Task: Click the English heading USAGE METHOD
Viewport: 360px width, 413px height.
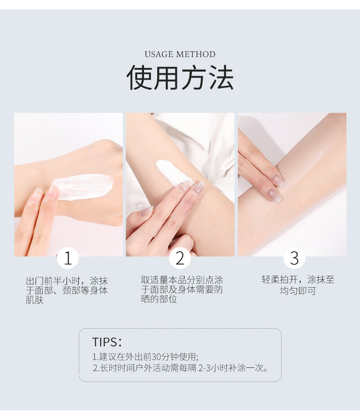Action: (180, 54)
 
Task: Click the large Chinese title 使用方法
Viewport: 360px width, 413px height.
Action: (180, 77)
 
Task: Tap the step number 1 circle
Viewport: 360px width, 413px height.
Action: (68, 258)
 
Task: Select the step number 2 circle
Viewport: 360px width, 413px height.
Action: (180, 258)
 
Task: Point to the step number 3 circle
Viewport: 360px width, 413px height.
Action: (294, 258)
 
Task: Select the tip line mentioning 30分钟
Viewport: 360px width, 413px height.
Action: (145, 357)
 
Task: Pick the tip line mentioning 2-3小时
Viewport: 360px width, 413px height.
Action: (180, 368)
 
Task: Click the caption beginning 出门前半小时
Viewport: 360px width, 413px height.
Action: (67, 290)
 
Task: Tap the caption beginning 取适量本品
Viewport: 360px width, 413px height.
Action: (182, 290)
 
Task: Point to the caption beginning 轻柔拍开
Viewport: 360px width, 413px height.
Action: (298, 285)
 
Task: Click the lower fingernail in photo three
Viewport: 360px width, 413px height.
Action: (274, 195)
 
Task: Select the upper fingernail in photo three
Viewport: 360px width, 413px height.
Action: (279, 181)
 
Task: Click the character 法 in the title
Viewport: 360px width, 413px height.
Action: (221, 77)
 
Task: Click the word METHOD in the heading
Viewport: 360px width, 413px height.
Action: (196, 54)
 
